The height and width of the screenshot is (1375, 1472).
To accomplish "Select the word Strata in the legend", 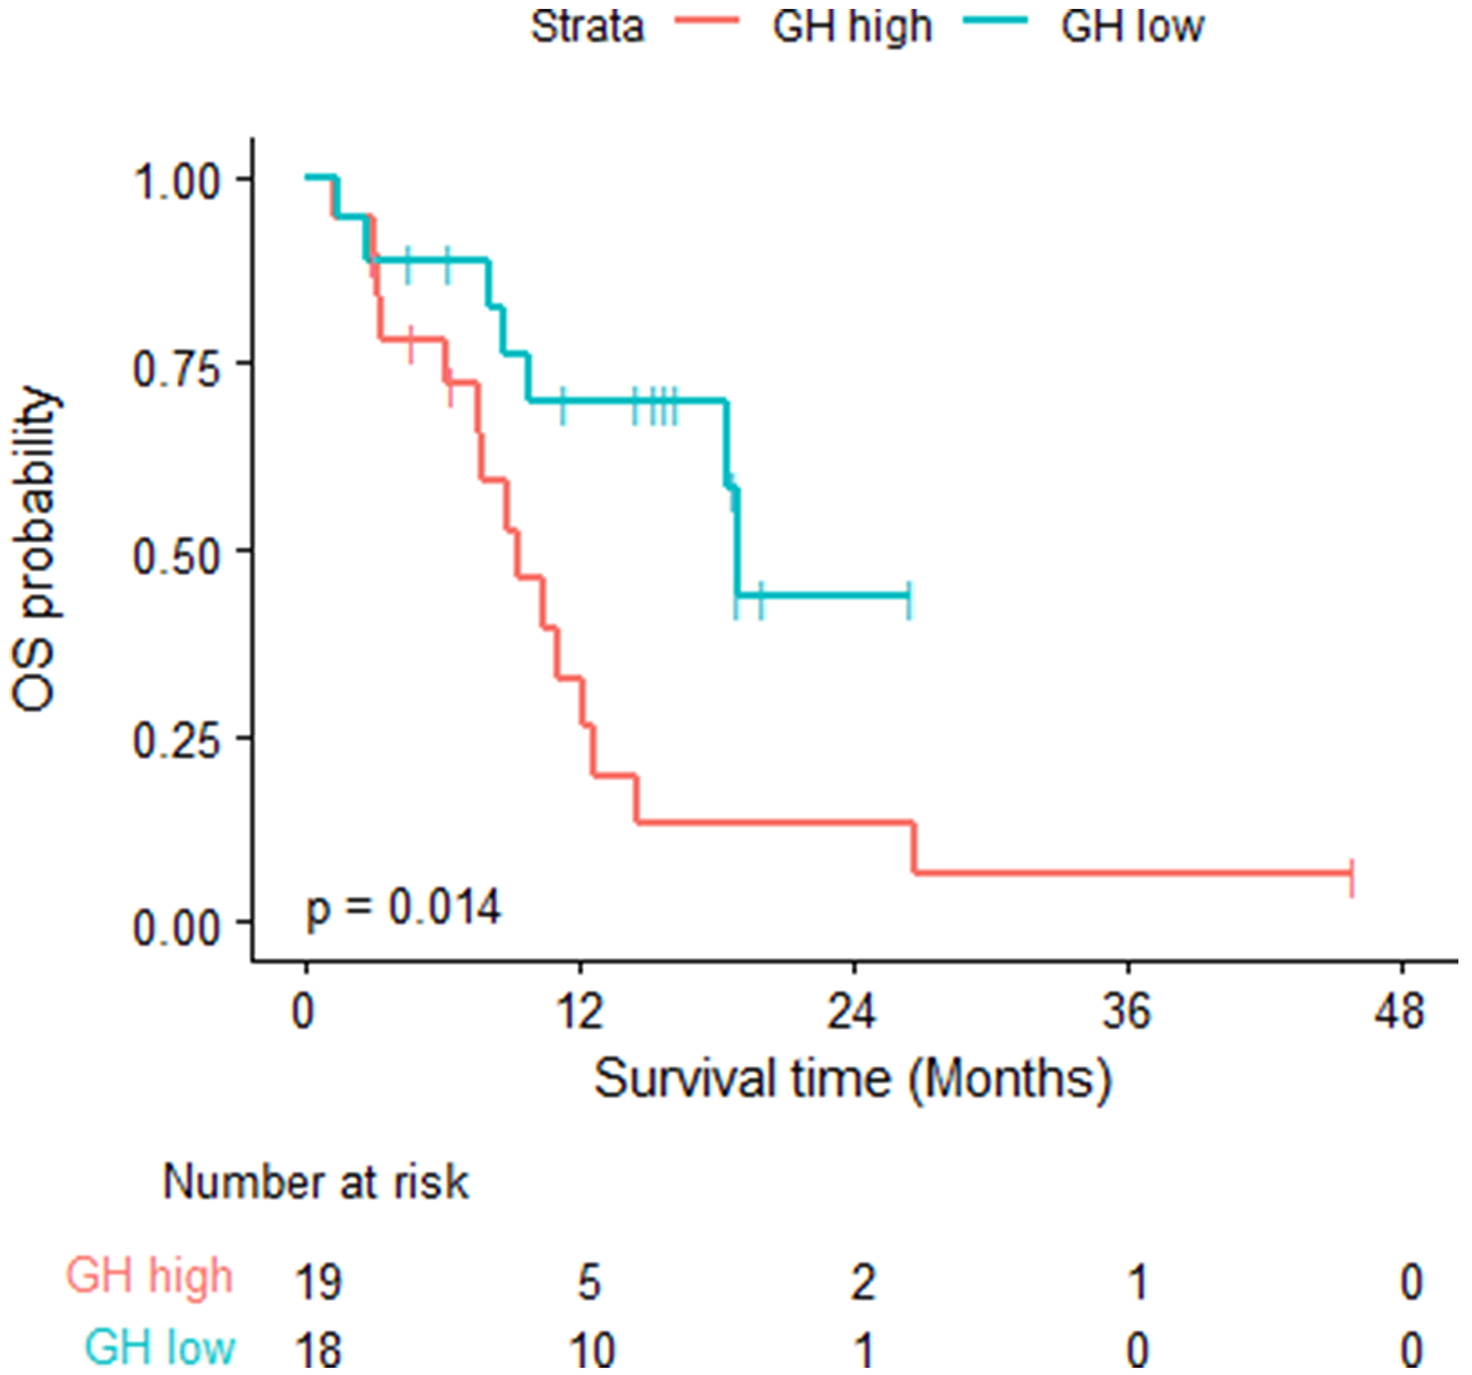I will click(x=587, y=26).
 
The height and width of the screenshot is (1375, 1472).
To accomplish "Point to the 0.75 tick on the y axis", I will click(x=176, y=367).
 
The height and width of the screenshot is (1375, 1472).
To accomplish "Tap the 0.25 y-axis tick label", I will click(x=176, y=741).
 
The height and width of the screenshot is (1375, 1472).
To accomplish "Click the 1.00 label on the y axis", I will click(x=176, y=180).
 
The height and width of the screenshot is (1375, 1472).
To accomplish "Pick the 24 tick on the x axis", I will click(x=852, y=1012).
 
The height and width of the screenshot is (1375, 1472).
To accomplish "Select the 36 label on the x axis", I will click(x=1126, y=1012).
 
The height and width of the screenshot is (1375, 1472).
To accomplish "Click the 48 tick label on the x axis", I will click(x=1398, y=1012).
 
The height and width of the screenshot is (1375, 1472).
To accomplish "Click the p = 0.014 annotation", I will click(x=404, y=908).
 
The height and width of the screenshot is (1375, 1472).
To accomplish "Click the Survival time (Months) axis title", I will click(x=852, y=1080).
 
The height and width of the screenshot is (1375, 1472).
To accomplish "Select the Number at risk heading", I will click(x=316, y=1181).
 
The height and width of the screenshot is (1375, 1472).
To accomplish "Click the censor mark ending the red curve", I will click(x=1352, y=879).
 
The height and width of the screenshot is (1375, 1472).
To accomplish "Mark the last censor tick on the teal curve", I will click(x=909, y=601).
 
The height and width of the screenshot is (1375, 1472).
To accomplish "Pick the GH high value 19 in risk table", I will click(x=319, y=1280).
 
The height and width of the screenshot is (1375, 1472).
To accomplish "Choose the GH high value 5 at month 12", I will click(x=590, y=1280).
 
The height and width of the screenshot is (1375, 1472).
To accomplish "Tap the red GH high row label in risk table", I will click(x=149, y=1276).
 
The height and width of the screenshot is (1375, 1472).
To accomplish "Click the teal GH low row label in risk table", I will click(x=160, y=1347).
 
